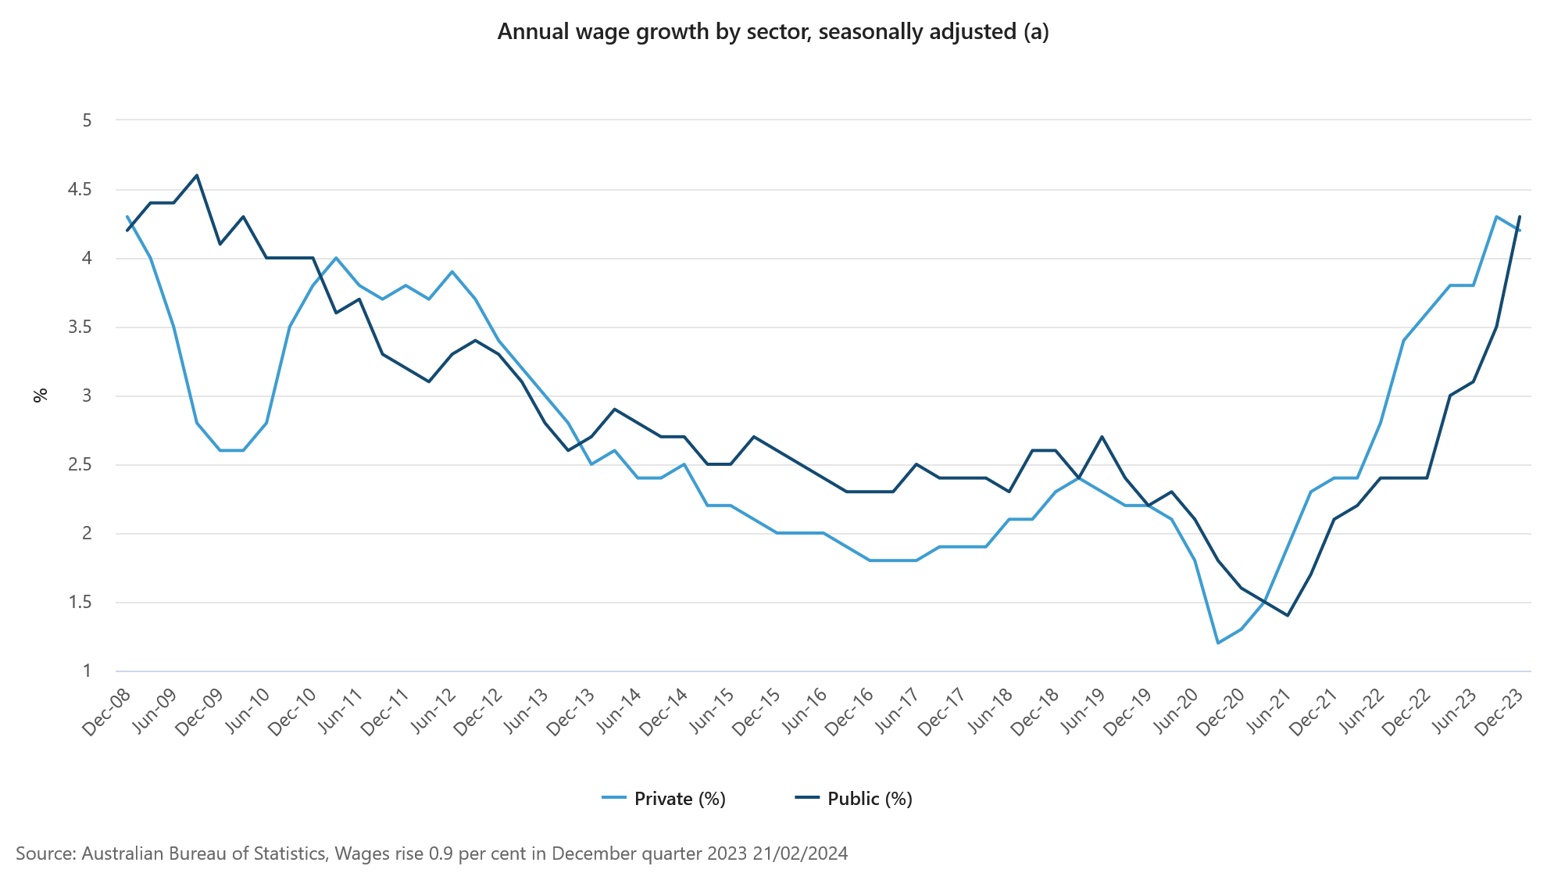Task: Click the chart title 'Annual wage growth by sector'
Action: tap(772, 32)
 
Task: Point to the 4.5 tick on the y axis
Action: tap(80, 190)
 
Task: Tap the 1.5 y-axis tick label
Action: tap(80, 603)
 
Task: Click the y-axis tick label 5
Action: tap(87, 120)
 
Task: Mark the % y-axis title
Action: tap(41, 395)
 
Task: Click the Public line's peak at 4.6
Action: tap(197, 176)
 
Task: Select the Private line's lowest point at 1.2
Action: tap(1218, 643)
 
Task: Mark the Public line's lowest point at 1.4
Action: tap(1288, 616)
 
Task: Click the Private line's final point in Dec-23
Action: tap(1519, 231)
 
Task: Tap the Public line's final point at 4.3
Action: tap(1520, 217)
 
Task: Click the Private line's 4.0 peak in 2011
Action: tap(336, 258)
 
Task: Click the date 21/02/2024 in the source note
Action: tap(800, 853)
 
